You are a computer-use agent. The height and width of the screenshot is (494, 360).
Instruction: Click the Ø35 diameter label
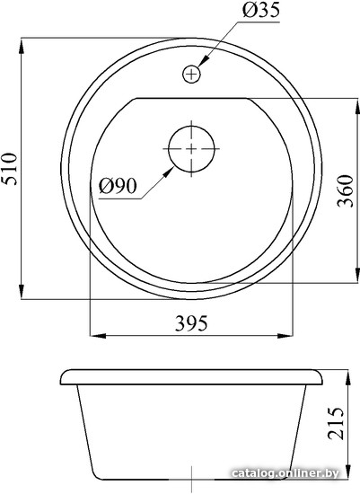[260, 11]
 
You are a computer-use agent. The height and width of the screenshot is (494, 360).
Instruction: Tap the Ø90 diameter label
[118, 186]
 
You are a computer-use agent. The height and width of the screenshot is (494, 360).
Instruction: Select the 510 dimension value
[8, 169]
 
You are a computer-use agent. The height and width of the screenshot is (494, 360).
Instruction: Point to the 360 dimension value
[345, 190]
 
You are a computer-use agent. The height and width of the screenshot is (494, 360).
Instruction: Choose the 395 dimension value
[191, 323]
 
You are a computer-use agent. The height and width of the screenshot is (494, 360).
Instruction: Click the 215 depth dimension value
[336, 423]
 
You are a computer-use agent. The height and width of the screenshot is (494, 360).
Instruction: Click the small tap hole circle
[191, 74]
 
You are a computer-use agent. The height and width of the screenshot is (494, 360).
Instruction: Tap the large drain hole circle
[191, 149]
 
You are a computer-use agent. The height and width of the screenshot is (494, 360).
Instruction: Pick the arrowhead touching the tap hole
[204, 61]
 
